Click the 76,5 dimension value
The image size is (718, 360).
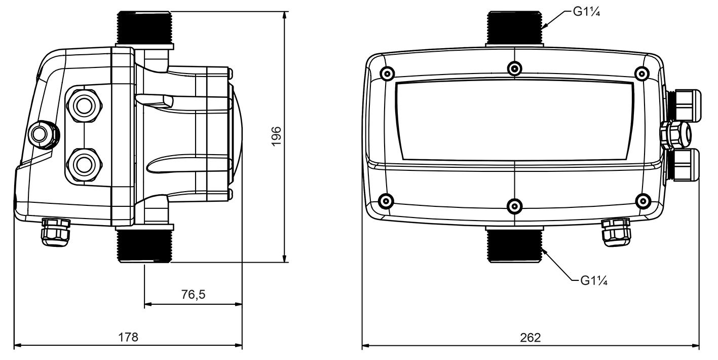(193, 294)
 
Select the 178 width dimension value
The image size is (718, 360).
(128, 337)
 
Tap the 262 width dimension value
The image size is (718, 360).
(531, 337)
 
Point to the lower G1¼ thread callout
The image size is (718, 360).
(593, 280)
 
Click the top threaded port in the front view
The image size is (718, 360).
(515, 27)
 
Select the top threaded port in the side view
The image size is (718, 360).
(145, 27)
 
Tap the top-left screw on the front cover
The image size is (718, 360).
(387, 74)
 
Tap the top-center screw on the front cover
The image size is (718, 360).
(515, 68)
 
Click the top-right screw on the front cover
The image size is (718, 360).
(643, 74)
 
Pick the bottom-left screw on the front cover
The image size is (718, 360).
(387, 200)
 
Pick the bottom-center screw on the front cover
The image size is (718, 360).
(515, 205)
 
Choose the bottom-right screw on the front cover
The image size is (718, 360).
(643, 200)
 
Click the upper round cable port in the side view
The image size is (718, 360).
(83, 105)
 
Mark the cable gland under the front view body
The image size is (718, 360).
(615, 232)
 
